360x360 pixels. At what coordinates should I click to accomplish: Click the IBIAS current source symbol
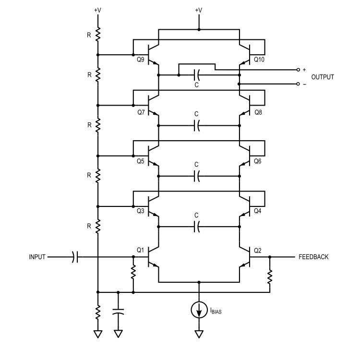point(199,310)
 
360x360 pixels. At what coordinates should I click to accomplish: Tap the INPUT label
point(37,257)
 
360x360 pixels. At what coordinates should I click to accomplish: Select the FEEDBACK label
point(313,257)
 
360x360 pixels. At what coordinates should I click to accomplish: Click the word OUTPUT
point(323,77)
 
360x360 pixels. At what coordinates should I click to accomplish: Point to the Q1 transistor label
point(140,250)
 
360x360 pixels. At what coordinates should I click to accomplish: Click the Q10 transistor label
point(259,60)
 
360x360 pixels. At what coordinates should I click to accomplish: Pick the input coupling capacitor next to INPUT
point(75,257)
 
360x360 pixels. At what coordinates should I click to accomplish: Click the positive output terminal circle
point(298,70)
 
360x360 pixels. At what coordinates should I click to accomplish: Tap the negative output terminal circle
point(298,84)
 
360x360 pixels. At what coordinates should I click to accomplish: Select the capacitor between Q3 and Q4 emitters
point(197,227)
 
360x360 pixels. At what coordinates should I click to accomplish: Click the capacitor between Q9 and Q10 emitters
point(197,75)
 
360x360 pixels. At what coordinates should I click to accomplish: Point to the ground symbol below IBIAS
point(199,334)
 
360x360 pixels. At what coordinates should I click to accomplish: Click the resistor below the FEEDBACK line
point(270,276)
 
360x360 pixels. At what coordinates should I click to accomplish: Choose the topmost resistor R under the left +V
point(98,35)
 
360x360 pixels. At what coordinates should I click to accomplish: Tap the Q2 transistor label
point(258,251)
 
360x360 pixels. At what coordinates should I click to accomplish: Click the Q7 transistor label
point(141,112)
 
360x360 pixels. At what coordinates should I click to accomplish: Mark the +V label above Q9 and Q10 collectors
point(199,10)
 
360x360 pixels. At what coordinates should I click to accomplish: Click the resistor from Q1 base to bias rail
point(133,272)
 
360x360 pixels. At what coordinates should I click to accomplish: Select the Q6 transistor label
point(258,161)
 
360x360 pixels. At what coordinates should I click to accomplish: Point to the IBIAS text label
point(216,311)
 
